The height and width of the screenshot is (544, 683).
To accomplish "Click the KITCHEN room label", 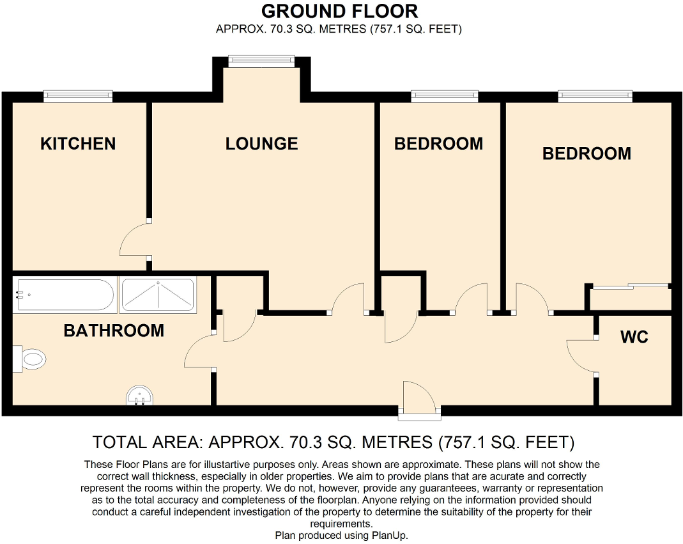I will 78,144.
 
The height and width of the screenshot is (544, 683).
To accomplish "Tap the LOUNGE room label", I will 261,144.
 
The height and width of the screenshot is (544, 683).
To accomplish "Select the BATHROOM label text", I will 114,330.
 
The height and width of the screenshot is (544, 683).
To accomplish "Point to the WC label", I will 634,337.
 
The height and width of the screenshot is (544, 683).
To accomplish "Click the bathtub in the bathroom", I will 65,295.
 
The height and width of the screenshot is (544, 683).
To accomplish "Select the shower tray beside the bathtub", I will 157,295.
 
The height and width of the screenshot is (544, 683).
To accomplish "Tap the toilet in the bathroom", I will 32,359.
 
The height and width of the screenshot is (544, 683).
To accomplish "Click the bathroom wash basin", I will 139,396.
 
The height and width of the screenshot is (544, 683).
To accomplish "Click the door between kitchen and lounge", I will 134,240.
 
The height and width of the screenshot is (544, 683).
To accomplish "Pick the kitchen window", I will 78,96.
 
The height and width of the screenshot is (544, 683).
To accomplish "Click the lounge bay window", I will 262,61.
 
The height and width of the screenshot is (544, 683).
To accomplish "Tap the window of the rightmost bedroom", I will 595,96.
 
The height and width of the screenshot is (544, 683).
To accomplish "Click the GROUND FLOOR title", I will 340,11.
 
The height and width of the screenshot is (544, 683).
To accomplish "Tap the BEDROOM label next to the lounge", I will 438,144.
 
